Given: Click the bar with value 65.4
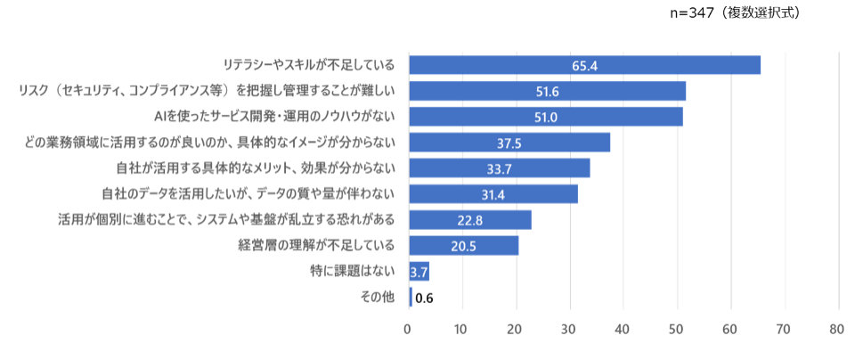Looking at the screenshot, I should [x=584, y=65].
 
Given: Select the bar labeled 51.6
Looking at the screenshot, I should [x=547, y=91].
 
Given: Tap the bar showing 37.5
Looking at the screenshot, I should [x=509, y=143].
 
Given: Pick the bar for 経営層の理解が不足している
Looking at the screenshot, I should [x=463, y=245].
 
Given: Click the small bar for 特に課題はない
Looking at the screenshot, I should [x=419, y=271].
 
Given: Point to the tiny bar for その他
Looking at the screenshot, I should [x=411, y=297].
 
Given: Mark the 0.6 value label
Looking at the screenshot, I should [x=424, y=298].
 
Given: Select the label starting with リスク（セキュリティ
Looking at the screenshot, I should [x=213, y=91].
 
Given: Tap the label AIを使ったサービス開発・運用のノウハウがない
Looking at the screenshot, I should [x=281, y=117].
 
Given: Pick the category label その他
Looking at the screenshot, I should [x=381, y=297].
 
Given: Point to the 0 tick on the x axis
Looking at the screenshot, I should [x=409, y=329].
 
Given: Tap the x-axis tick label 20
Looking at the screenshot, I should [x=516, y=329].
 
